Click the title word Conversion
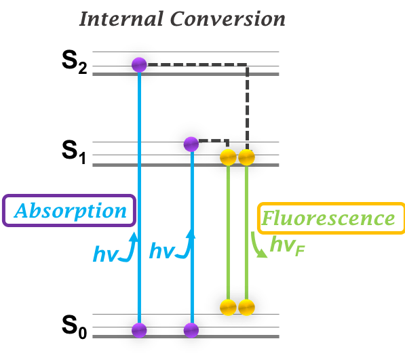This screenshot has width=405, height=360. coord(227,18)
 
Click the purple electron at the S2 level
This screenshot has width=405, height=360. coord(139,64)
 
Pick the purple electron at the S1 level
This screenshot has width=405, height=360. coord(191,144)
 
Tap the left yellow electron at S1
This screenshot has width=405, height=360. coord(229,158)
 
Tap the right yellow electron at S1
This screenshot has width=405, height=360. coord(246,158)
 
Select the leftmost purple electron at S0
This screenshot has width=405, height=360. coord(139,330)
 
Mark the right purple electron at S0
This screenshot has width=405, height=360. coord(191,330)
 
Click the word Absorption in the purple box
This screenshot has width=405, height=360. coord(71,211)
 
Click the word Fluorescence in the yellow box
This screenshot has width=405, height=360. coord(329,219)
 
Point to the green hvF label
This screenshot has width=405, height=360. coord(286,246)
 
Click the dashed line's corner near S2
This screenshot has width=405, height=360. coord(246,66)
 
